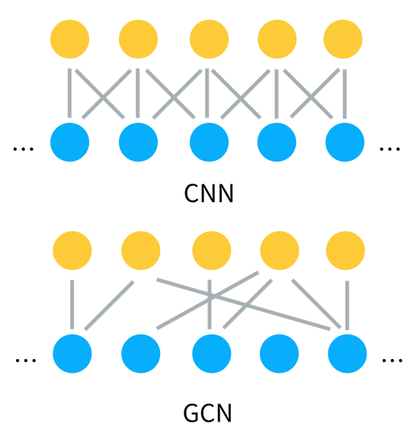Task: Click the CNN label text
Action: (209, 194)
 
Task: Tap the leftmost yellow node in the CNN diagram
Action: (70, 37)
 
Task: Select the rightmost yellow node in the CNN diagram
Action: (342, 37)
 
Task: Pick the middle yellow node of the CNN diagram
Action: (209, 37)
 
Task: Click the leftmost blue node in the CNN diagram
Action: (70, 142)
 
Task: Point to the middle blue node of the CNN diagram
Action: (209, 142)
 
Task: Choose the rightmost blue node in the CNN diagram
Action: (345, 142)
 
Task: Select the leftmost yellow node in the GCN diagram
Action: (72, 251)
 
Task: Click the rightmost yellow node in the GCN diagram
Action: (345, 251)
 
